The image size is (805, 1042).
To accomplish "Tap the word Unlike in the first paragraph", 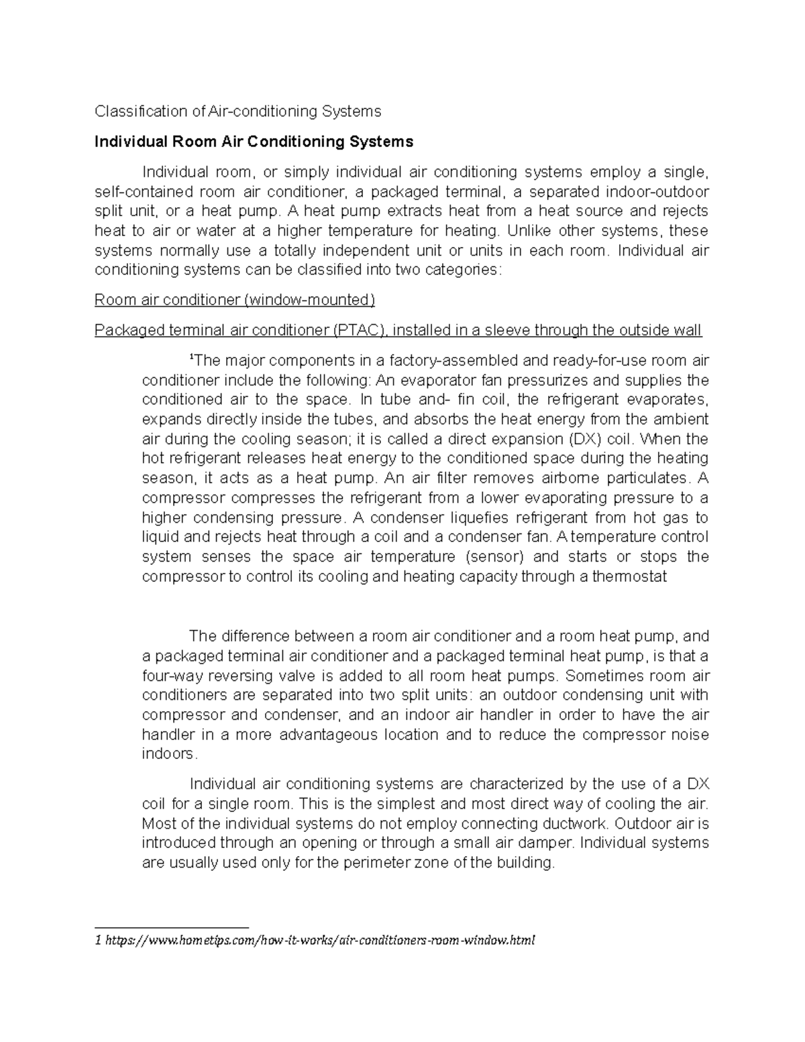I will point(531,231).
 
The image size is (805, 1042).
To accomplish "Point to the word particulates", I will point(647,478).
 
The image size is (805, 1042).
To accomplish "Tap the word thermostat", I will point(629,576).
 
